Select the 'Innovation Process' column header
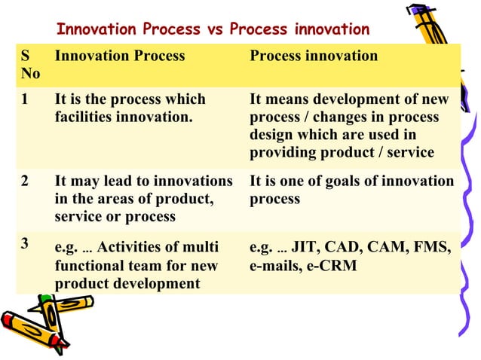[x=120, y=56]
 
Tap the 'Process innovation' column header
[x=314, y=56]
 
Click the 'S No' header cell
[x=31, y=65]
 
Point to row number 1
[x=26, y=100]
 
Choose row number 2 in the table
[x=26, y=182]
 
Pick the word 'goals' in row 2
[x=364, y=182]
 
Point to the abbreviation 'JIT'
[x=303, y=248]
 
